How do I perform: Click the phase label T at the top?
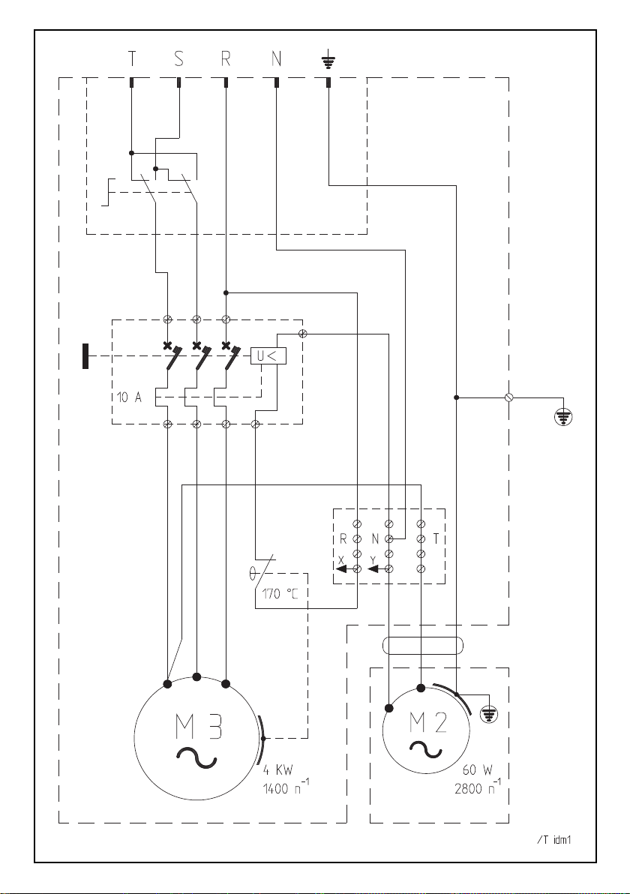132,58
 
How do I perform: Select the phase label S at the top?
179,58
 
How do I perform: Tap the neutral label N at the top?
277,58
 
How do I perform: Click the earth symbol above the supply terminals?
328,58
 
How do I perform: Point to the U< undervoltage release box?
268,355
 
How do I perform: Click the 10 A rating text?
130,398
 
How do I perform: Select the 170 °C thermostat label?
280,594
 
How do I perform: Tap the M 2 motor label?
427,722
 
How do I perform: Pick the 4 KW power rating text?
277,770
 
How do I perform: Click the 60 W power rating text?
477,769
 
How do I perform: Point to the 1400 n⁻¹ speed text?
286,788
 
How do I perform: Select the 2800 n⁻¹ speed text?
478,787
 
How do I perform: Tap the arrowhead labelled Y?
375,568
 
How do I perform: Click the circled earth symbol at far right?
563,417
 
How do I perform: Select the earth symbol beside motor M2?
488,713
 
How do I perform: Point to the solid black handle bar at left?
85,356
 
